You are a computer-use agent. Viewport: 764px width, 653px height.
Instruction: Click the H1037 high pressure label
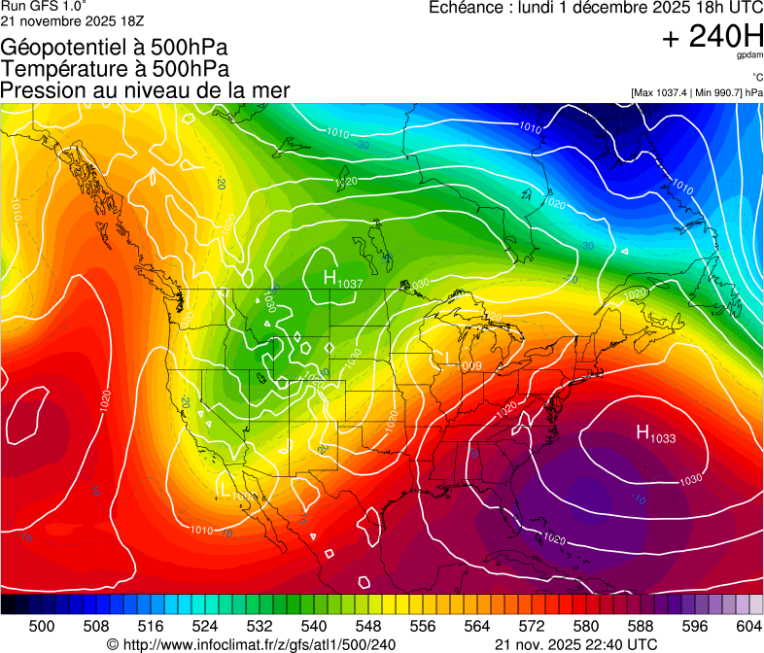pos(343,280)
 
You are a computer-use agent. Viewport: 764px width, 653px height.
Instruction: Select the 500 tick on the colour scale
pos(42,625)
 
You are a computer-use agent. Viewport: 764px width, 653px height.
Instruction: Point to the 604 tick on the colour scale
pos(748,625)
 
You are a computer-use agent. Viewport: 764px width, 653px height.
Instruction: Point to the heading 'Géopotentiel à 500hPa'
pos(115,48)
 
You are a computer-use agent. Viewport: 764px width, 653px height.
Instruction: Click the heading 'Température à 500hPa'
pos(115,69)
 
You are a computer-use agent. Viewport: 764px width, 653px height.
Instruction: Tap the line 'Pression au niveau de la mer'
pos(146,90)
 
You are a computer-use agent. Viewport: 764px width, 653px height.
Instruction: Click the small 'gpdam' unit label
pos(750,55)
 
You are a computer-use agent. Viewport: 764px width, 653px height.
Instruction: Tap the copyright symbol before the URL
pos(113,644)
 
